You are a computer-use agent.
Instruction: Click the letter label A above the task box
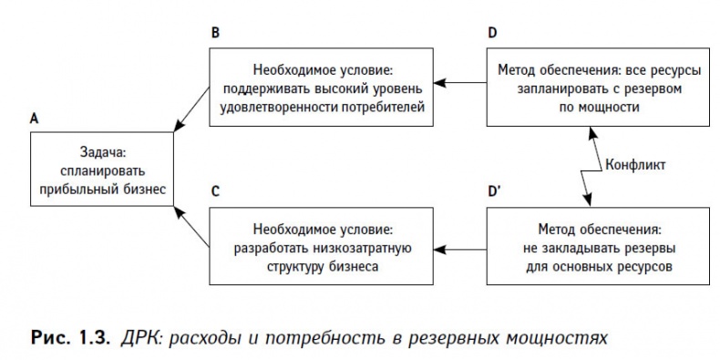(x=34, y=119)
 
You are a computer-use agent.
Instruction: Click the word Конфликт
(x=634, y=166)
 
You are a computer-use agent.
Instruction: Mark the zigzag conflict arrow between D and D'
(x=590, y=166)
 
